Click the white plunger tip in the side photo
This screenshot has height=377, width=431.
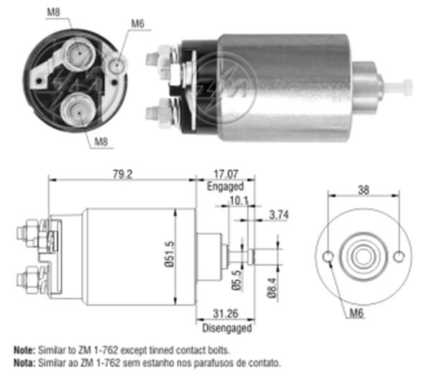click(399, 88)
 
